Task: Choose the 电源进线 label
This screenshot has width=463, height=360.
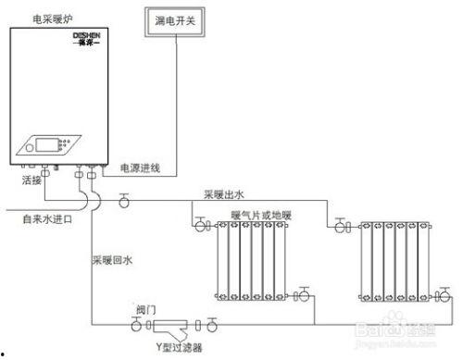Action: [x=141, y=168]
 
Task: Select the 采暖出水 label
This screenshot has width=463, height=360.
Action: [x=223, y=194]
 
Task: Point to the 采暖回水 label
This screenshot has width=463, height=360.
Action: [x=112, y=262]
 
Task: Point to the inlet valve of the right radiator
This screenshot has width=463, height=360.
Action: [x=341, y=225]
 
